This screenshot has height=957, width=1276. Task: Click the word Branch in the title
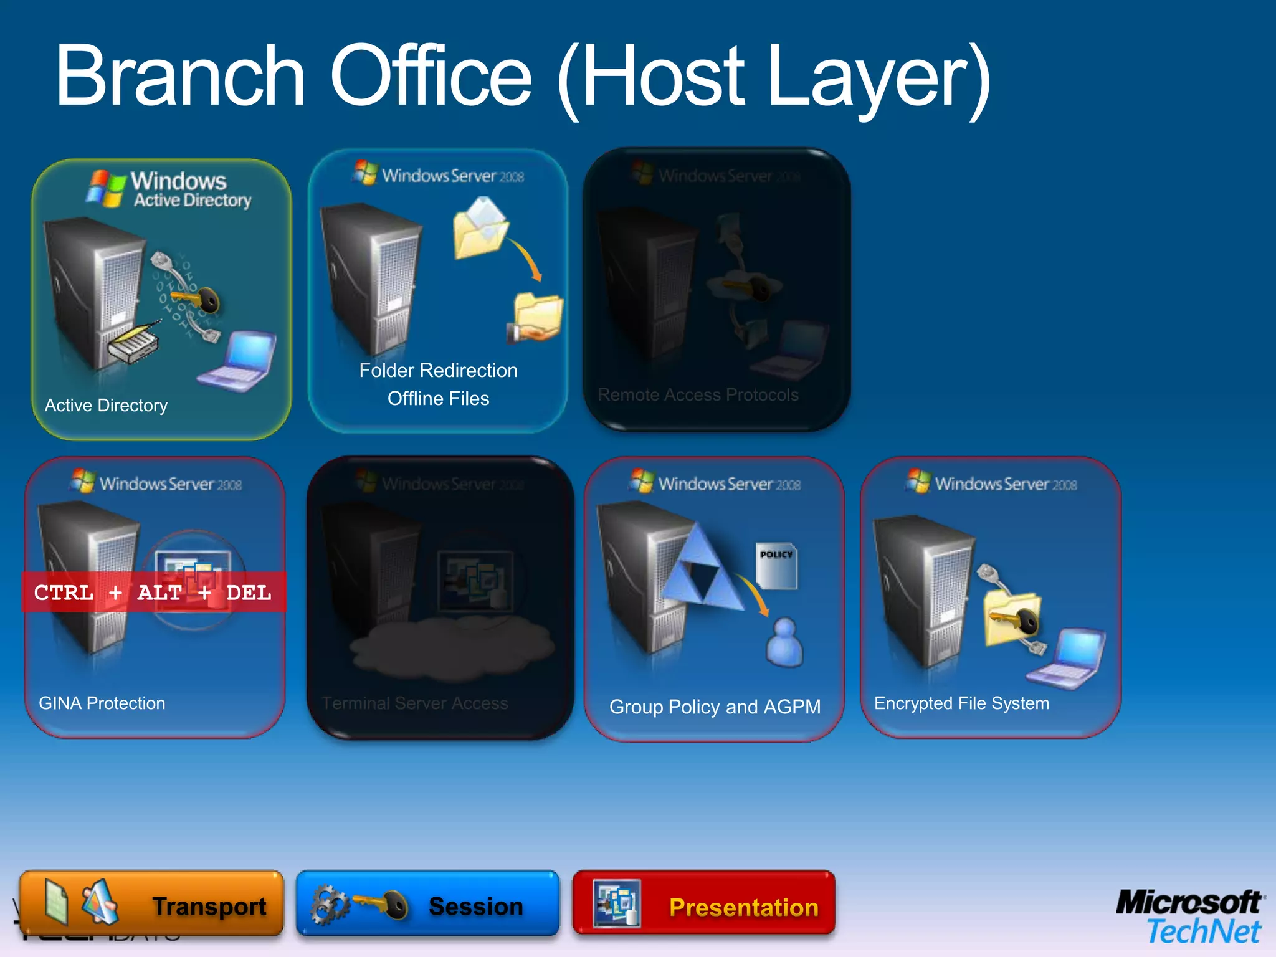click(181, 76)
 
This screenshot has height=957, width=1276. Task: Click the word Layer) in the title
click(878, 76)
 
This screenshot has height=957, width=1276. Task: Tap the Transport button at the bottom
click(151, 903)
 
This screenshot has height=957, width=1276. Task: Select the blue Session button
click(427, 903)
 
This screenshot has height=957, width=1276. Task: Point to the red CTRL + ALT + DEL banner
click(153, 592)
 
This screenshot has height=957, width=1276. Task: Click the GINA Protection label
click(102, 703)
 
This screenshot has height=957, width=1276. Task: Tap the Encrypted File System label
click(961, 703)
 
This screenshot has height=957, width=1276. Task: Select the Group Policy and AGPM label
click(715, 707)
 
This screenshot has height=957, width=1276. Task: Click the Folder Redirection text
click(438, 371)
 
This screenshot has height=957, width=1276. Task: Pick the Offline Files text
click(438, 399)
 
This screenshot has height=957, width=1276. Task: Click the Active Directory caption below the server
click(106, 406)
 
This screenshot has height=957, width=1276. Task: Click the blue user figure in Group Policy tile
click(784, 642)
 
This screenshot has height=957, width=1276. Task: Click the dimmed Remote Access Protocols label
click(698, 395)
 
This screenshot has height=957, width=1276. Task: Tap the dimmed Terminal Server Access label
click(415, 703)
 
